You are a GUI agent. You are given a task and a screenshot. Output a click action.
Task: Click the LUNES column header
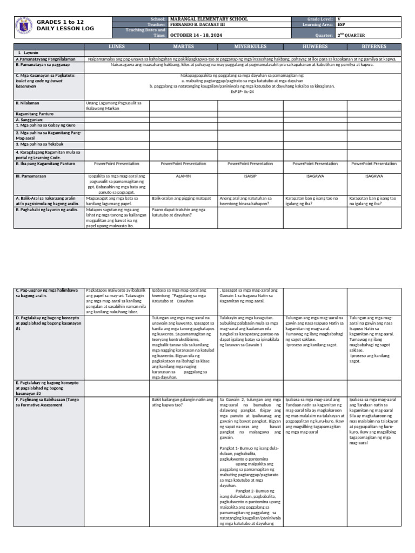116,47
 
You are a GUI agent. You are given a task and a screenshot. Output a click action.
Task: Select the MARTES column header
183,47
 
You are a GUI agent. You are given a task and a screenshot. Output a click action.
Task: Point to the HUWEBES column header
315,47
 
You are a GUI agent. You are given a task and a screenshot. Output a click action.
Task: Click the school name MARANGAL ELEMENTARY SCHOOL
209,19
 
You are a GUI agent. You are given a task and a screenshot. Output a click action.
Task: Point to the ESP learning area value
342,25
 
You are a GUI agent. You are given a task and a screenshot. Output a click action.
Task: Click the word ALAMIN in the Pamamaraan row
183,176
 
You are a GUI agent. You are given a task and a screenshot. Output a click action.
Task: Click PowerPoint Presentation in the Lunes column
116,164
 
